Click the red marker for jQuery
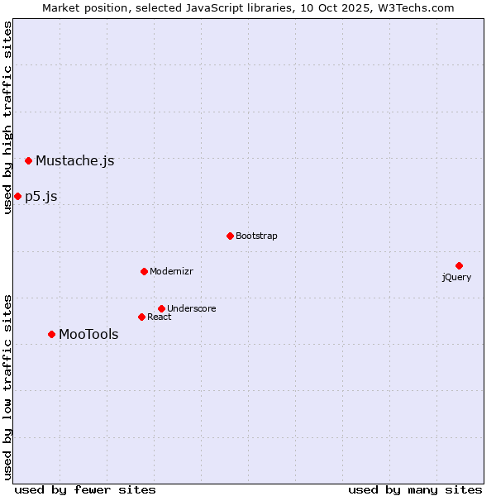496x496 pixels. pyautogui.click(x=459, y=265)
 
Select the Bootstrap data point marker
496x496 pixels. pyautogui.click(x=230, y=236)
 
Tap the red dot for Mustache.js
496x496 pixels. pyautogui.click(x=28, y=160)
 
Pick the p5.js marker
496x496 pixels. pyautogui.click(x=17, y=196)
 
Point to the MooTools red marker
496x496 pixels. pyautogui.click(x=51, y=334)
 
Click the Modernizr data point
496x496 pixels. pyautogui.click(x=144, y=271)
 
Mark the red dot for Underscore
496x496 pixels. pyautogui.click(x=161, y=308)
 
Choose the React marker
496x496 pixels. pyautogui.click(x=141, y=317)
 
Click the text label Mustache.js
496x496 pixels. pyautogui.click(x=74, y=160)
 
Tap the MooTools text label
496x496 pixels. pyautogui.click(x=88, y=334)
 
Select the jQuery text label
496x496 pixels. pyautogui.click(x=456, y=277)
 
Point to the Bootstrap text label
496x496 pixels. pyautogui.click(x=256, y=236)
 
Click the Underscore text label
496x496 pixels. pyautogui.click(x=192, y=308)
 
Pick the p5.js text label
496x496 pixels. pyautogui.click(x=41, y=196)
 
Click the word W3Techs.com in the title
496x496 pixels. pyautogui.click(x=417, y=7)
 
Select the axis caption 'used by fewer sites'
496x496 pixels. pyautogui.click(x=85, y=489)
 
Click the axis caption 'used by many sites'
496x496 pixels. pyautogui.click(x=415, y=489)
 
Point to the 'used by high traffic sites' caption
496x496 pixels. pyautogui.click(x=7, y=117)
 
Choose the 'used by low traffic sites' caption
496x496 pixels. pyautogui.click(x=7, y=386)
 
